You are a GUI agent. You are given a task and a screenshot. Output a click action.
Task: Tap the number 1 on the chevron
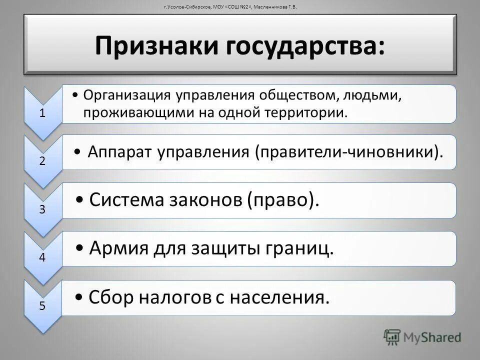(43, 112)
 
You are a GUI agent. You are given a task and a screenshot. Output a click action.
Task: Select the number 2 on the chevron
(42, 161)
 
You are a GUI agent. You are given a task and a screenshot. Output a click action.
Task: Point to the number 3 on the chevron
(42, 209)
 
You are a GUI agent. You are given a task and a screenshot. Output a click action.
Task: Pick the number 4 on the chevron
(42, 257)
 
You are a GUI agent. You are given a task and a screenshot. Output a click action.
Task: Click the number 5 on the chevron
(42, 306)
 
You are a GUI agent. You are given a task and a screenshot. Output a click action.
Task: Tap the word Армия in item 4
(119, 248)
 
